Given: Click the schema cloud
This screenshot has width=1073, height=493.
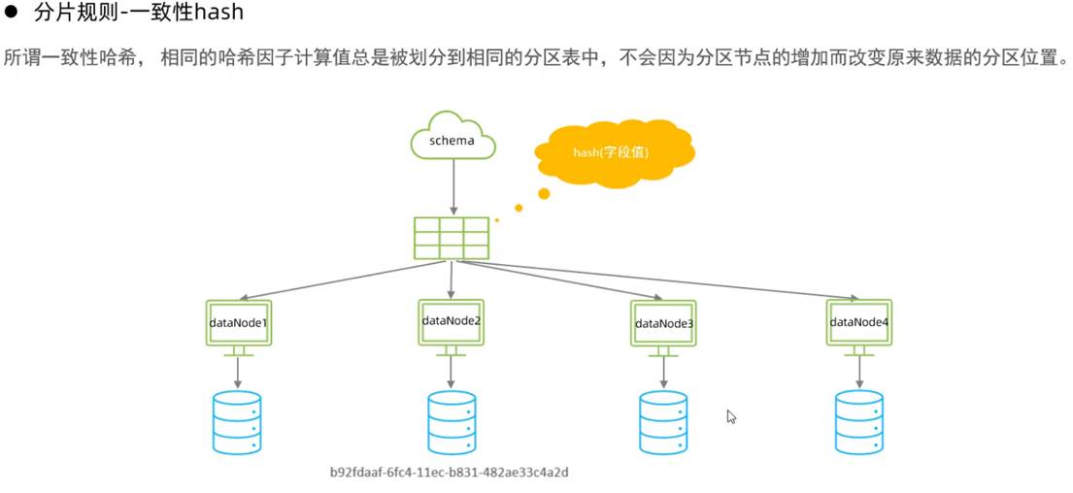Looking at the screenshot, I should (x=453, y=140).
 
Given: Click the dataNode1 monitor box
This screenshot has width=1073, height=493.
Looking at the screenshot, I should (x=238, y=320).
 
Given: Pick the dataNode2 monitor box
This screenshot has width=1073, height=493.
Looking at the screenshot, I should (x=452, y=319).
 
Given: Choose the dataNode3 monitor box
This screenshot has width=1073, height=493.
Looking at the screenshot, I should (x=664, y=322).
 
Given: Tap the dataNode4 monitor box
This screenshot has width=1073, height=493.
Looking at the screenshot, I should (x=858, y=321).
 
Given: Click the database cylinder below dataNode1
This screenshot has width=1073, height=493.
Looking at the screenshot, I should (x=238, y=422).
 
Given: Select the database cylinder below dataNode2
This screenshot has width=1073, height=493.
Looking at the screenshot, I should (x=452, y=422).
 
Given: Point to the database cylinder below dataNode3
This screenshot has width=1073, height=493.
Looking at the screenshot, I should (x=664, y=422).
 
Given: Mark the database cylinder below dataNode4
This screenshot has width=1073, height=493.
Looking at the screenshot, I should (x=859, y=422).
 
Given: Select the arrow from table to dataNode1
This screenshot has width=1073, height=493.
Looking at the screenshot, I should (x=330, y=279).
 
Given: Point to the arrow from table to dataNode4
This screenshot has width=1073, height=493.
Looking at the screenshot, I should (x=670, y=279).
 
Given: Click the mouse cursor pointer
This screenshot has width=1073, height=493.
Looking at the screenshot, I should (x=731, y=416).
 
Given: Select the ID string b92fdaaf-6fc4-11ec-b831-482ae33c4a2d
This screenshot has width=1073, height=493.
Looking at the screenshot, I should (x=449, y=473).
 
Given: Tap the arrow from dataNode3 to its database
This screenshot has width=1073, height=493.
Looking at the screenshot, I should (x=664, y=371).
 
